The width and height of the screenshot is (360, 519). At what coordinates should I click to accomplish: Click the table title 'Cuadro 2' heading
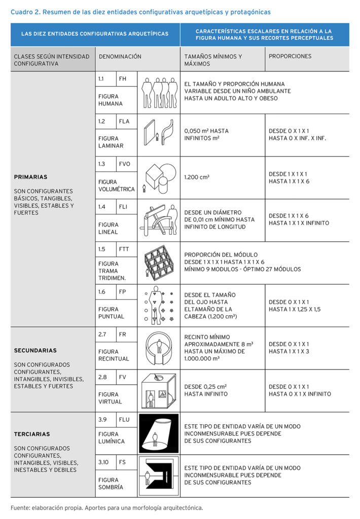point(140,12)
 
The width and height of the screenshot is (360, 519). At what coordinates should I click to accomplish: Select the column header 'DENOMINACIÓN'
point(120,57)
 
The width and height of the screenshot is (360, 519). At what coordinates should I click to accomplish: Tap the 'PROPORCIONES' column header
point(290,56)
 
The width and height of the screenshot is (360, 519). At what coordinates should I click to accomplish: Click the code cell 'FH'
point(123,79)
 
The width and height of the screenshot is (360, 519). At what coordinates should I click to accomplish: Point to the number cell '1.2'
point(101,121)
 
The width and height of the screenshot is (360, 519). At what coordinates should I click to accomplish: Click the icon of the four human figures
point(159,92)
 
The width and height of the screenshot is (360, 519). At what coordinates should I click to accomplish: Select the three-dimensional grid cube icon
point(158,263)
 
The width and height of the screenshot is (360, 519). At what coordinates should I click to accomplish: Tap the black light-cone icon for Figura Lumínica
point(159,433)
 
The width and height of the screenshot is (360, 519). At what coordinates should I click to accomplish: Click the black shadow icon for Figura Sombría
point(159,476)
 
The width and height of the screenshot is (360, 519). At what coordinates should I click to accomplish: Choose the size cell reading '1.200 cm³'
point(197,177)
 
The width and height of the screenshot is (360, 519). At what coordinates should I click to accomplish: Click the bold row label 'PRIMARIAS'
point(31,177)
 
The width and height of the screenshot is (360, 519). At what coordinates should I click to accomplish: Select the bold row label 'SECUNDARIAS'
point(35,350)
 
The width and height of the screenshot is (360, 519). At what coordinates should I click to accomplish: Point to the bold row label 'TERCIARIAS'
point(32,434)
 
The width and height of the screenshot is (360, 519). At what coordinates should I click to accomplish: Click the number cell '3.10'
point(103,462)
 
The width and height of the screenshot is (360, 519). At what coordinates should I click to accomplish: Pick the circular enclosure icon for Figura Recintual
point(159,348)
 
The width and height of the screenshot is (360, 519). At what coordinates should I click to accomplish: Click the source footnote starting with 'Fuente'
point(106,507)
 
